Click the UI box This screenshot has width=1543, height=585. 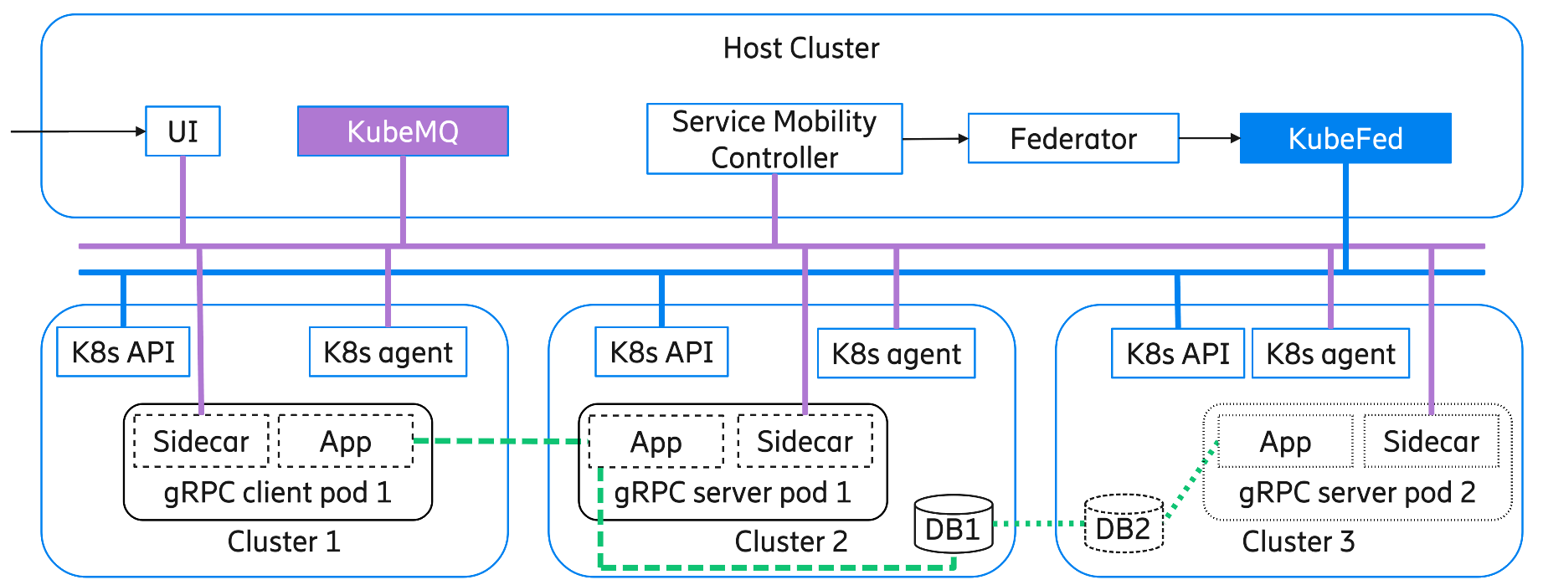(183, 131)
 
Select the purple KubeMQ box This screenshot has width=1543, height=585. (403, 131)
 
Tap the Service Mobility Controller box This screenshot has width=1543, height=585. (774, 139)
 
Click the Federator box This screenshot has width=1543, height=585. (1073, 139)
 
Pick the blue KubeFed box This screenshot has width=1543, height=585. (1345, 139)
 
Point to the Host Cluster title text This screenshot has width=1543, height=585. (801, 49)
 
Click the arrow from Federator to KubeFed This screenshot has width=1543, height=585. (1209, 138)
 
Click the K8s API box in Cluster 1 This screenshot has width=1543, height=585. (123, 352)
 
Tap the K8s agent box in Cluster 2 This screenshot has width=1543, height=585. (896, 354)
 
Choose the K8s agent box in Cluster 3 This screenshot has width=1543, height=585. (1330, 354)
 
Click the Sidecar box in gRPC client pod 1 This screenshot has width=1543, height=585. (201, 441)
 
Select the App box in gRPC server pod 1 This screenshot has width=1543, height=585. (656, 442)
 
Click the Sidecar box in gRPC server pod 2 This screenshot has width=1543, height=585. (1431, 441)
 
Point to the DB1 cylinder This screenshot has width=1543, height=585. (953, 526)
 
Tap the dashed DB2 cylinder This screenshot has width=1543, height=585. (1124, 525)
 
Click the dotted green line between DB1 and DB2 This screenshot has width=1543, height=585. (1038, 524)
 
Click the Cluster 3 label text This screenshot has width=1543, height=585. (1298, 541)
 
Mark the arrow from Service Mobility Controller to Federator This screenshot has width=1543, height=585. (934, 139)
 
